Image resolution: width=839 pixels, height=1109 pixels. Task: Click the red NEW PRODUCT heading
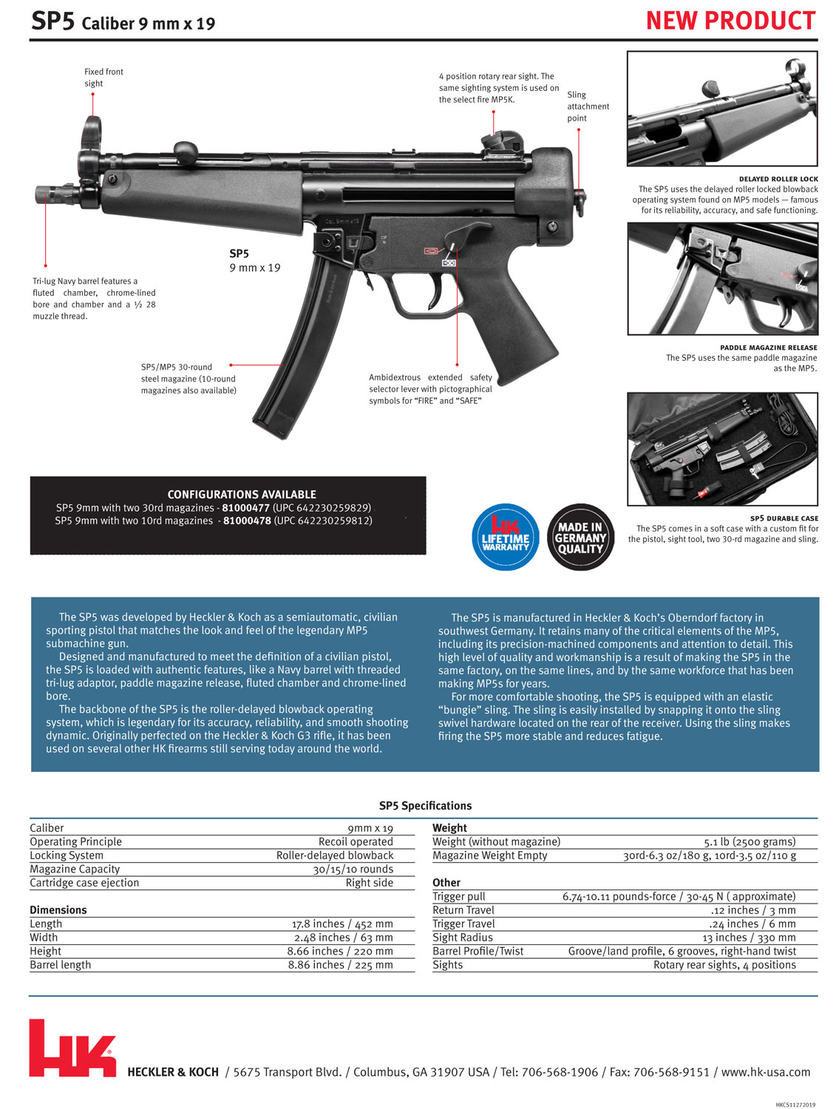point(730,21)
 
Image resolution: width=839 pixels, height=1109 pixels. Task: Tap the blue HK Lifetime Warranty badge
point(506,537)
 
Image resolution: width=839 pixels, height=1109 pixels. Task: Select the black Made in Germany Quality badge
point(580,537)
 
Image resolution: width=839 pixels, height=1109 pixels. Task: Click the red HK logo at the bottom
point(72,1048)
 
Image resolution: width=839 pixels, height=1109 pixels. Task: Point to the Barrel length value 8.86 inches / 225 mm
point(340,965)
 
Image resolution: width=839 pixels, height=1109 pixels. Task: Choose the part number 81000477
point(245,508)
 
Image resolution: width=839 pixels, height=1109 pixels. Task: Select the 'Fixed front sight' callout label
point(103,78)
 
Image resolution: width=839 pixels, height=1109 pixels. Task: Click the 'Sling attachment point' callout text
point(588,106)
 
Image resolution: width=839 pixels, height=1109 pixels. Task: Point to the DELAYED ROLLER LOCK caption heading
point(778,179)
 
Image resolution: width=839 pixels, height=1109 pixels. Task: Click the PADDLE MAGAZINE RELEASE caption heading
point(768,347)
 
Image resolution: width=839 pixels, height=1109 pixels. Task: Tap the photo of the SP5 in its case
point(722,449)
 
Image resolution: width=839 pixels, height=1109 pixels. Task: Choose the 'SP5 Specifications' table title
point(425,806)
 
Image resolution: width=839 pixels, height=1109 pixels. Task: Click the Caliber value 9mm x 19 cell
point(370,828)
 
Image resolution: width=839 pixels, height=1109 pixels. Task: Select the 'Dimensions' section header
point(58,910)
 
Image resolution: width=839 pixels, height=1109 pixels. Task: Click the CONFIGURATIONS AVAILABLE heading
point(242,495)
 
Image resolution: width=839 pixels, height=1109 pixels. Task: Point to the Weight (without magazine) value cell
point(750,841)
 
